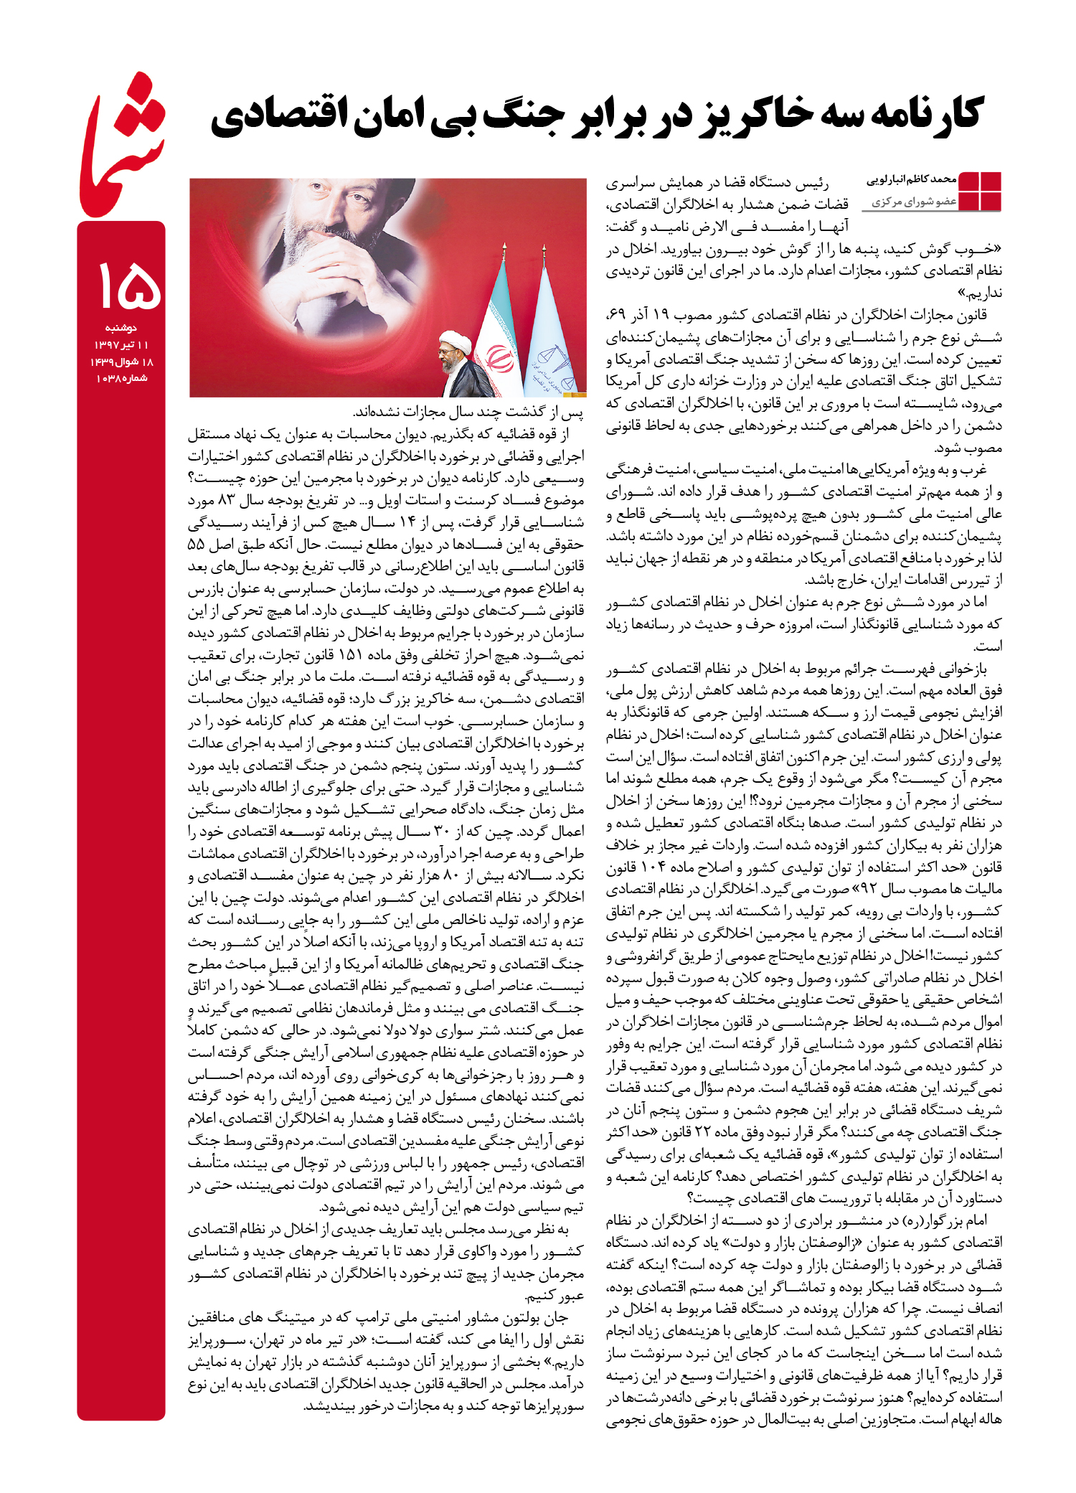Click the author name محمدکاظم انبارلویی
pos(912,180)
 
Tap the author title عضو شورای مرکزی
pos(914,202)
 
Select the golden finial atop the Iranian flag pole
pos(505,249)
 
